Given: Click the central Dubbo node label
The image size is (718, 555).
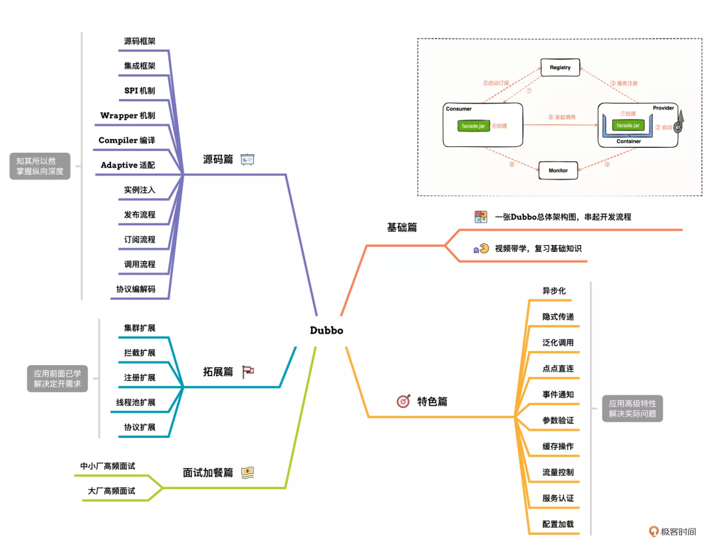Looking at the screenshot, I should pos(326,330).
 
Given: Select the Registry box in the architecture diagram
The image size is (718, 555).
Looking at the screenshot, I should pos(560,67).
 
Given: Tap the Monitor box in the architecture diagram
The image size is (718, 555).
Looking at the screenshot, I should pos(558,170).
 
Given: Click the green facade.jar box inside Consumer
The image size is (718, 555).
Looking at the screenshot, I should pos(472,126).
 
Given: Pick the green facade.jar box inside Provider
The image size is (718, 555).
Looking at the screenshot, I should pos(628,125).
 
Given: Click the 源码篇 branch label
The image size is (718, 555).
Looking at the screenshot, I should pos(218,160).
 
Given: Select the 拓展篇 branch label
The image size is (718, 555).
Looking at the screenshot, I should pos(218,372).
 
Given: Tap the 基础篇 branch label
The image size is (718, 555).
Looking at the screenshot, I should pos(402,227).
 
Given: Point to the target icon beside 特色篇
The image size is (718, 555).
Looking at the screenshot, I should pos(404,401).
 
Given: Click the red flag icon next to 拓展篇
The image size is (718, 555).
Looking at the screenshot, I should pos(248,372).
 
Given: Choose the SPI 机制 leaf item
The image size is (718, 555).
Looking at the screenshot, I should pos(140,90).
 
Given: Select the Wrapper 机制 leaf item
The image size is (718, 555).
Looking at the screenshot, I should pos(128,116).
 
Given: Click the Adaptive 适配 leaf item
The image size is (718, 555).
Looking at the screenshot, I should pos(128,165).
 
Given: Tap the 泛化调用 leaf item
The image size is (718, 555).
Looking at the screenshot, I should pos(558,343).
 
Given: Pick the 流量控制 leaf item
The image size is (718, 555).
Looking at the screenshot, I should pos(558,473).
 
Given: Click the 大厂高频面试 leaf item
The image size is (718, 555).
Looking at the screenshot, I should pos(112,491).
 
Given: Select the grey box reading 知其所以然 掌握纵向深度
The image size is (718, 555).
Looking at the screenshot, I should pos(39,166).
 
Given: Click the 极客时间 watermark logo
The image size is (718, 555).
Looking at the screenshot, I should pos(673,532).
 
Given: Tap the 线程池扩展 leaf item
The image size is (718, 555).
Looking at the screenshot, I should pos(136,402).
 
